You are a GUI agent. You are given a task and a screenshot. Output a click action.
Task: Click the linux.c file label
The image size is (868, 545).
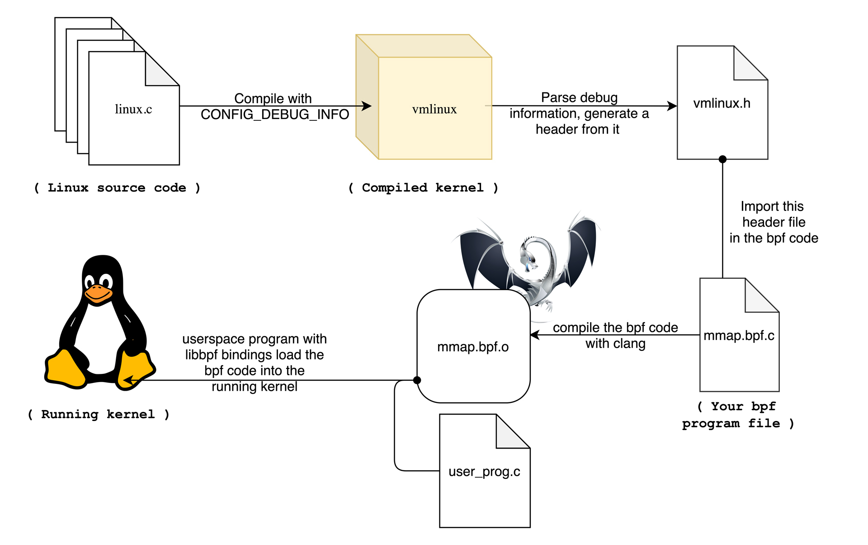(x=133, y=109)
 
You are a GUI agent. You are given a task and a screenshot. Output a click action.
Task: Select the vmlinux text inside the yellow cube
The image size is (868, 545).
(x=434, y=109)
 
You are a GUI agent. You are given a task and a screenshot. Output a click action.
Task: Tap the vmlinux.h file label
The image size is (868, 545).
(x=722, y=103)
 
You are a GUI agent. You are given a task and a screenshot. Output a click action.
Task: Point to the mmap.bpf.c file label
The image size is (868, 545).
(x=739, y=335)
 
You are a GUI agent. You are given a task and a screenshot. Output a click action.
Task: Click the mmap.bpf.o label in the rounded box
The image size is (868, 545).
(x=473, y=347)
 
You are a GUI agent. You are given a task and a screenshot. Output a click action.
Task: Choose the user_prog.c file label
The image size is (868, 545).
(x=484, y=472)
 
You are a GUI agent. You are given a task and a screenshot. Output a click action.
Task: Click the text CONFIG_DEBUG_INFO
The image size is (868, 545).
(x=275, y=115)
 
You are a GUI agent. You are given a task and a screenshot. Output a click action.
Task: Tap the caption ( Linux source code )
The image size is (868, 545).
(x=117, y=187)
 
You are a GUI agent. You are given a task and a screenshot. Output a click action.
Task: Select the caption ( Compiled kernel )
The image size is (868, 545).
(x=423, y=187)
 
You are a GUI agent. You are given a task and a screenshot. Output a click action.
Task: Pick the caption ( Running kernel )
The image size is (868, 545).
(x=99, y=414)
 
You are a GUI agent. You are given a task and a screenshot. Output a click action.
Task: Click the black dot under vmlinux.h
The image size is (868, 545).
(x=722, y=159)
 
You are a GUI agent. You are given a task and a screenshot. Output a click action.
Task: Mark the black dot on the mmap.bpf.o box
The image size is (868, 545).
(x=417, y=380)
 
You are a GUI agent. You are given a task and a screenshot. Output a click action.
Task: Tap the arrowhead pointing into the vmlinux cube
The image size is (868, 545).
(x=367, y=106)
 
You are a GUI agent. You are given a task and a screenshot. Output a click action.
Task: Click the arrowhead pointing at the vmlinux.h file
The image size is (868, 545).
(x=672, y=106)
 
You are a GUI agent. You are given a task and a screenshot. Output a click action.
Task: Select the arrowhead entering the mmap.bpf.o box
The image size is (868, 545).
(x=535, y=335)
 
